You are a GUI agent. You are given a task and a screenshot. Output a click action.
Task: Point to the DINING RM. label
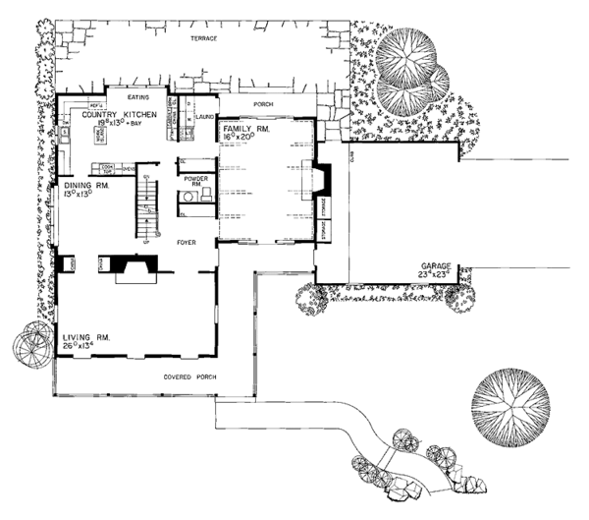(x=84, y=185)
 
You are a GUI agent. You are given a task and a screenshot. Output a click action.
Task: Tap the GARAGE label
(x=436, y=265)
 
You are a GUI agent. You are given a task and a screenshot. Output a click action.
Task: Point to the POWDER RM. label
(x=192, y=178)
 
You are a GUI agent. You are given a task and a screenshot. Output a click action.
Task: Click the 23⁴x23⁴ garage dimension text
(x=436, y=275)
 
